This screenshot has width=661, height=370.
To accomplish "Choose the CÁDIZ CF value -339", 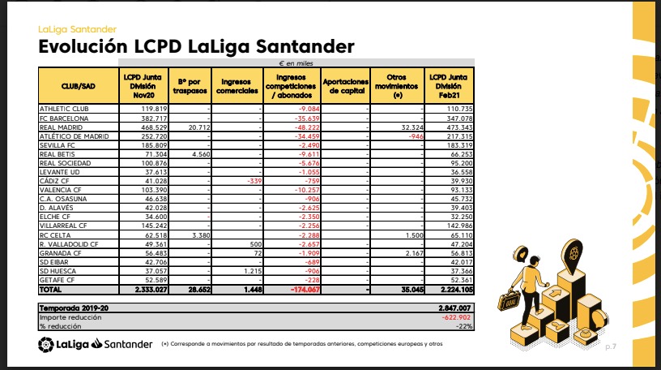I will pyautogui.click(x=250, y=181).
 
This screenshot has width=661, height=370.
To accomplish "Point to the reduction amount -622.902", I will pyautogui.click(x=455, y=317).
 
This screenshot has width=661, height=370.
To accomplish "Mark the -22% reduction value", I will pyautogui.click(x=463, y=326).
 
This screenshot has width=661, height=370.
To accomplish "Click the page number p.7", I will pyautogui.click(x=610, y=347).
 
